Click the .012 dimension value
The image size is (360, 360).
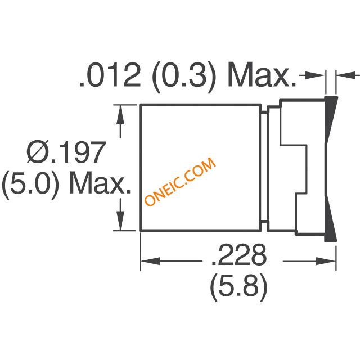[x=110, y=77]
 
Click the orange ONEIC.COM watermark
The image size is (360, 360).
[x=180, y=182]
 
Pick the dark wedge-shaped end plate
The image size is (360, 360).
[x=331, y=169]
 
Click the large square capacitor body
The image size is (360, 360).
[x=200, y=168]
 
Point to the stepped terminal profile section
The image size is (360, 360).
[x=295, y=169]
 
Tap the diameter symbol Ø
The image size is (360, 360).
[x=40, y=153]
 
